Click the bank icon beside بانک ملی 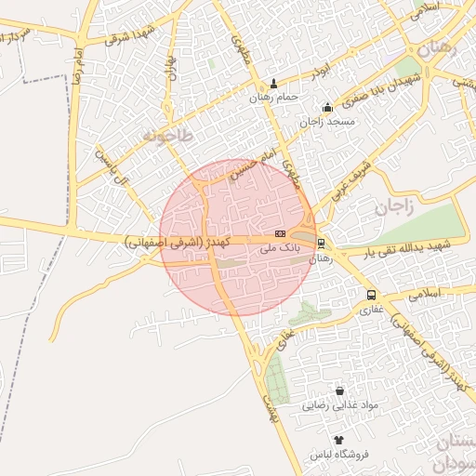[x=280, y=233]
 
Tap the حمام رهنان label [x=273, y=97]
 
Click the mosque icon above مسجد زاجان [x=326, y=107]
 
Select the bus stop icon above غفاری [x=371, y=295]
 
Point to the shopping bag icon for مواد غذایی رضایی [x=338, y=391]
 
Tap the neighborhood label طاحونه [x=167, y=136]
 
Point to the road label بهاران [x=171, y=65]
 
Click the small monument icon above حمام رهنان [x=273, y=83]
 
